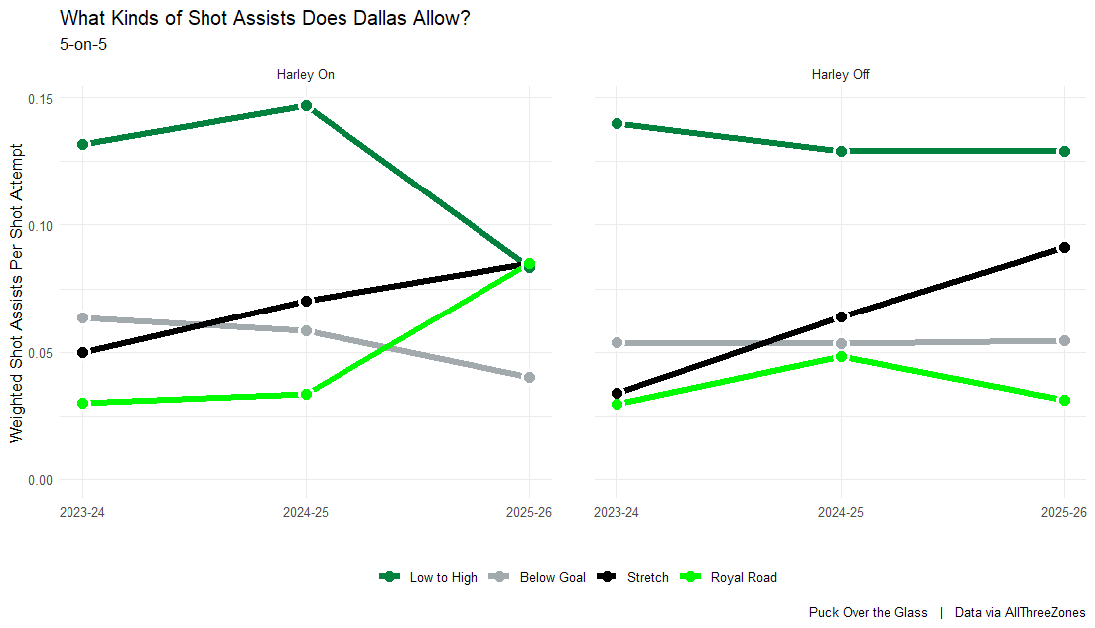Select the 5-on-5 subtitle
[x=83, y=45]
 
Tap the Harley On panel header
[x=306, y=74]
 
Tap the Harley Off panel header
[x=841, y=74]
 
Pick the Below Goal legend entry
[x=540, y=577]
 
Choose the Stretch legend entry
[x=635, y=577]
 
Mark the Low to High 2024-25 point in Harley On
[x=307, y=106]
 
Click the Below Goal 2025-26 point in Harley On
[x=530, y=377]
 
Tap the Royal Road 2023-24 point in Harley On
[x=83, y=403]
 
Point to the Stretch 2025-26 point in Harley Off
[x=1064, y=247]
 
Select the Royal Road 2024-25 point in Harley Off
[x=841, y=356]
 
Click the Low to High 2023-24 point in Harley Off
[x=617, y=124]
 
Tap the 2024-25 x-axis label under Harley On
[x=307, y=513]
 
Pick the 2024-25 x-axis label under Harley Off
[x=841, y=513]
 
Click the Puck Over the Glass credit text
[x=869, y=613]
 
